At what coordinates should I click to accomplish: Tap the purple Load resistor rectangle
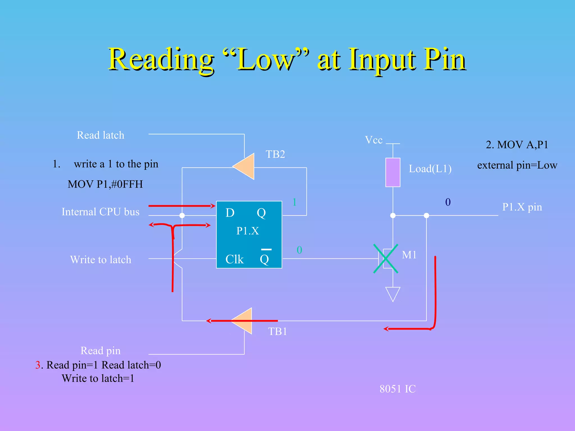pos(393,172)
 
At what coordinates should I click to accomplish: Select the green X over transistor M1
pos(386,258)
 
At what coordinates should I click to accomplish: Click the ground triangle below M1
pos(393,294)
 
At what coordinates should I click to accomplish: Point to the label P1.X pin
pos(522,207)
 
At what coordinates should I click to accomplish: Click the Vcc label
pos(373,140)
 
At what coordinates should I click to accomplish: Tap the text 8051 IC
pos(398,389)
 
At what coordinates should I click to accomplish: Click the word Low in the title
pos(265,60)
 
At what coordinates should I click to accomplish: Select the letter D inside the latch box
pos(230,213)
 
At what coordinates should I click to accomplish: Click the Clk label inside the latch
pos(234,259)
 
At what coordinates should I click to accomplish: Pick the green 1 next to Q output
pos(294,202)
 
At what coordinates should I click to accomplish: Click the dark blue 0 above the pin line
pos(448,202)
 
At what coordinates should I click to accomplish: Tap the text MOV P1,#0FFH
pos(105,184)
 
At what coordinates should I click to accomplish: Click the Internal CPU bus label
pos(101,212)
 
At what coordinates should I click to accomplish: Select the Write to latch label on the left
pos(101,260)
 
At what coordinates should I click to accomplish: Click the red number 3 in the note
pos(38,365)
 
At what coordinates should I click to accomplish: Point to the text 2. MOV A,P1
pos(517,145)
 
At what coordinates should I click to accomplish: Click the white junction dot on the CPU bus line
pos(182,215)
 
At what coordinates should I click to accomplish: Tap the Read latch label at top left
pos(101,135)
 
